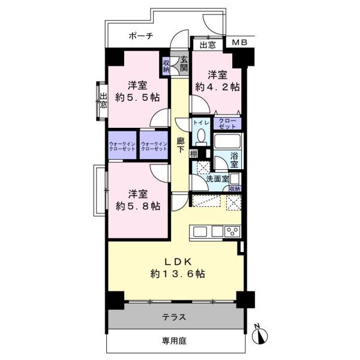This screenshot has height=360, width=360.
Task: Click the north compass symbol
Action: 260,335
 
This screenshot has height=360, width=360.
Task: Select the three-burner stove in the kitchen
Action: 232,232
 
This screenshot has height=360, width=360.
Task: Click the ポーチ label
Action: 141,36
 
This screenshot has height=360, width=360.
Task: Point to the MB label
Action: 239,43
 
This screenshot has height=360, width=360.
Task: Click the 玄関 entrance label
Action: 184,64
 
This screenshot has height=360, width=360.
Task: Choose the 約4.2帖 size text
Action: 217,87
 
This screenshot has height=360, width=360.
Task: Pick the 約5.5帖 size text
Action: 137,98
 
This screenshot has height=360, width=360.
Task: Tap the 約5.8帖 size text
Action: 138,206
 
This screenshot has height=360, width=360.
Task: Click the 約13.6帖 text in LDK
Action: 178,274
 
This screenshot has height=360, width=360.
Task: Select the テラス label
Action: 174,317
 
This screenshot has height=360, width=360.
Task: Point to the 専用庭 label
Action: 174,341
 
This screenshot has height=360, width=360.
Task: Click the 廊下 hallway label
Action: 181,145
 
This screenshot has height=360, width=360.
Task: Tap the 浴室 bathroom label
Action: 234,160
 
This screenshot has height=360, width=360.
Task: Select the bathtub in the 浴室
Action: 227,141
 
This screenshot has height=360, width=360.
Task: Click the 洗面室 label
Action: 217,179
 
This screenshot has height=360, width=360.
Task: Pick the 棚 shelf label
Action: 193,154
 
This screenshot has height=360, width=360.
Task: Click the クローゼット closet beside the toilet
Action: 227,124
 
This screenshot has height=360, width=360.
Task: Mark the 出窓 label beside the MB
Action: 208,45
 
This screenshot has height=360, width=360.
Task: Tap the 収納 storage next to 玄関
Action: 166,66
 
